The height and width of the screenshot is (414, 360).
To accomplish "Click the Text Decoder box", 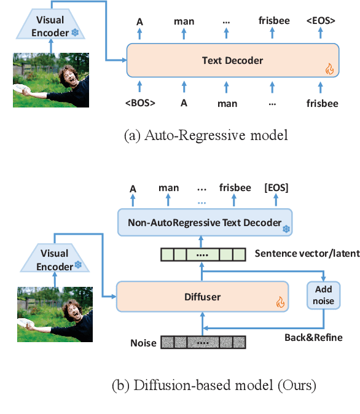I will (x=232, y=60).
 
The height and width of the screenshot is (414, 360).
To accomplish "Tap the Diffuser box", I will (x=202, y=297).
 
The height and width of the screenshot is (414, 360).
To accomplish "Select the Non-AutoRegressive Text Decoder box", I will (x=205, y=222).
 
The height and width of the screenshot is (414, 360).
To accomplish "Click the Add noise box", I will (x=323, y=295).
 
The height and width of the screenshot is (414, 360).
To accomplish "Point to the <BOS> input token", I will (x=140, y=103).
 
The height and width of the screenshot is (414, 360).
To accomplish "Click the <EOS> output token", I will (x=321, y=21).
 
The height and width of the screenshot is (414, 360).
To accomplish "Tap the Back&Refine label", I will (x=313, y=337).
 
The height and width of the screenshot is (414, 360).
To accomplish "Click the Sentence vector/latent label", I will (x=307, y=253).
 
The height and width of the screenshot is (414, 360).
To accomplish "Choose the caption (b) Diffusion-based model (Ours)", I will (x=214, y=386).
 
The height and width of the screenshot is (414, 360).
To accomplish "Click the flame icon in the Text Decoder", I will (x=328, y=69).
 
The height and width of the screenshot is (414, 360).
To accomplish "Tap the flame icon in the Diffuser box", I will (x=280, y=302).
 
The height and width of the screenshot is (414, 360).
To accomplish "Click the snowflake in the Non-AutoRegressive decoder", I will (x=285, y=229).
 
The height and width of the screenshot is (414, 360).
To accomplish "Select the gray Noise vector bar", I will (x=203, y=342).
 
